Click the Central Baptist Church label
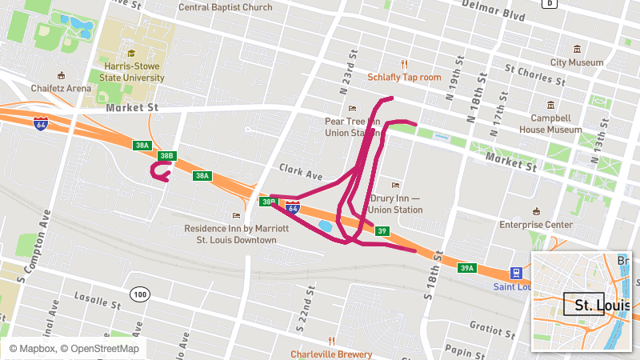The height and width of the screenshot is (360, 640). point(225,7)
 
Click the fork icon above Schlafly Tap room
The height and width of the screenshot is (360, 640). point(405,64)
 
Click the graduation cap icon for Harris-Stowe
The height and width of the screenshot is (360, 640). point(131,54)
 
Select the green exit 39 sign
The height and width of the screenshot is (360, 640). point(382,230)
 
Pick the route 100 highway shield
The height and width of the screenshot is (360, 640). point(141,294)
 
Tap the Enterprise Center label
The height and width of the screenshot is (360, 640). point(536,225)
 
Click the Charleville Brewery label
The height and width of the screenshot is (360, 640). point(331,354)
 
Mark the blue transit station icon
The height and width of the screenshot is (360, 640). point(518,274)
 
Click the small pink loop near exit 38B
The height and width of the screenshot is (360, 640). point(161,171)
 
